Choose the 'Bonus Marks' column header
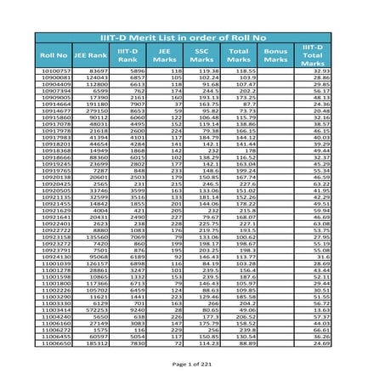tap(277, 55)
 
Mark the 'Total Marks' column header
tap(239, 55)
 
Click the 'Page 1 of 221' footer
tap(192, 363)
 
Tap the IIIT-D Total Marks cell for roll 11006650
tap(322, 343)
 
